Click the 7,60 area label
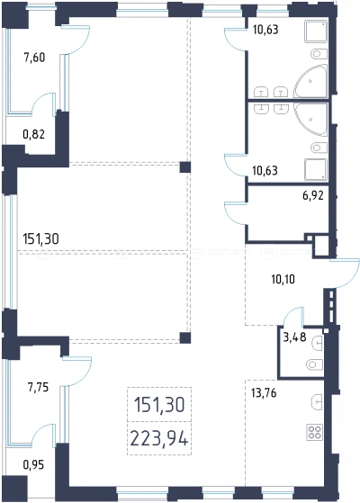pos(34,58)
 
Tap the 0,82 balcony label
pos(33,134)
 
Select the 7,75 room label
pos(38,387)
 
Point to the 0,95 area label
pos(33,464)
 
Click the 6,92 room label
pos(313,195)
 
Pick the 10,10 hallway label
pos(283,280)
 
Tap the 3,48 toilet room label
pos(295,337)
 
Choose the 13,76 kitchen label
pos(264,392)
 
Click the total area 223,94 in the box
pos(158,438)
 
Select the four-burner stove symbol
pos(314,432)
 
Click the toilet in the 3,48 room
pos(314,364)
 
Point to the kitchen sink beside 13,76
pos(317,400)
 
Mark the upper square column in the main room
pos(185,167)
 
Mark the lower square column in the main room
pos(185,338)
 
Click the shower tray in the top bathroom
pos(316,31)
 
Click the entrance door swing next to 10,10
pos(349,275)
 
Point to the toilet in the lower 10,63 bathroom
pos(319,148)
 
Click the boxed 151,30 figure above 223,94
pos(159,404)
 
